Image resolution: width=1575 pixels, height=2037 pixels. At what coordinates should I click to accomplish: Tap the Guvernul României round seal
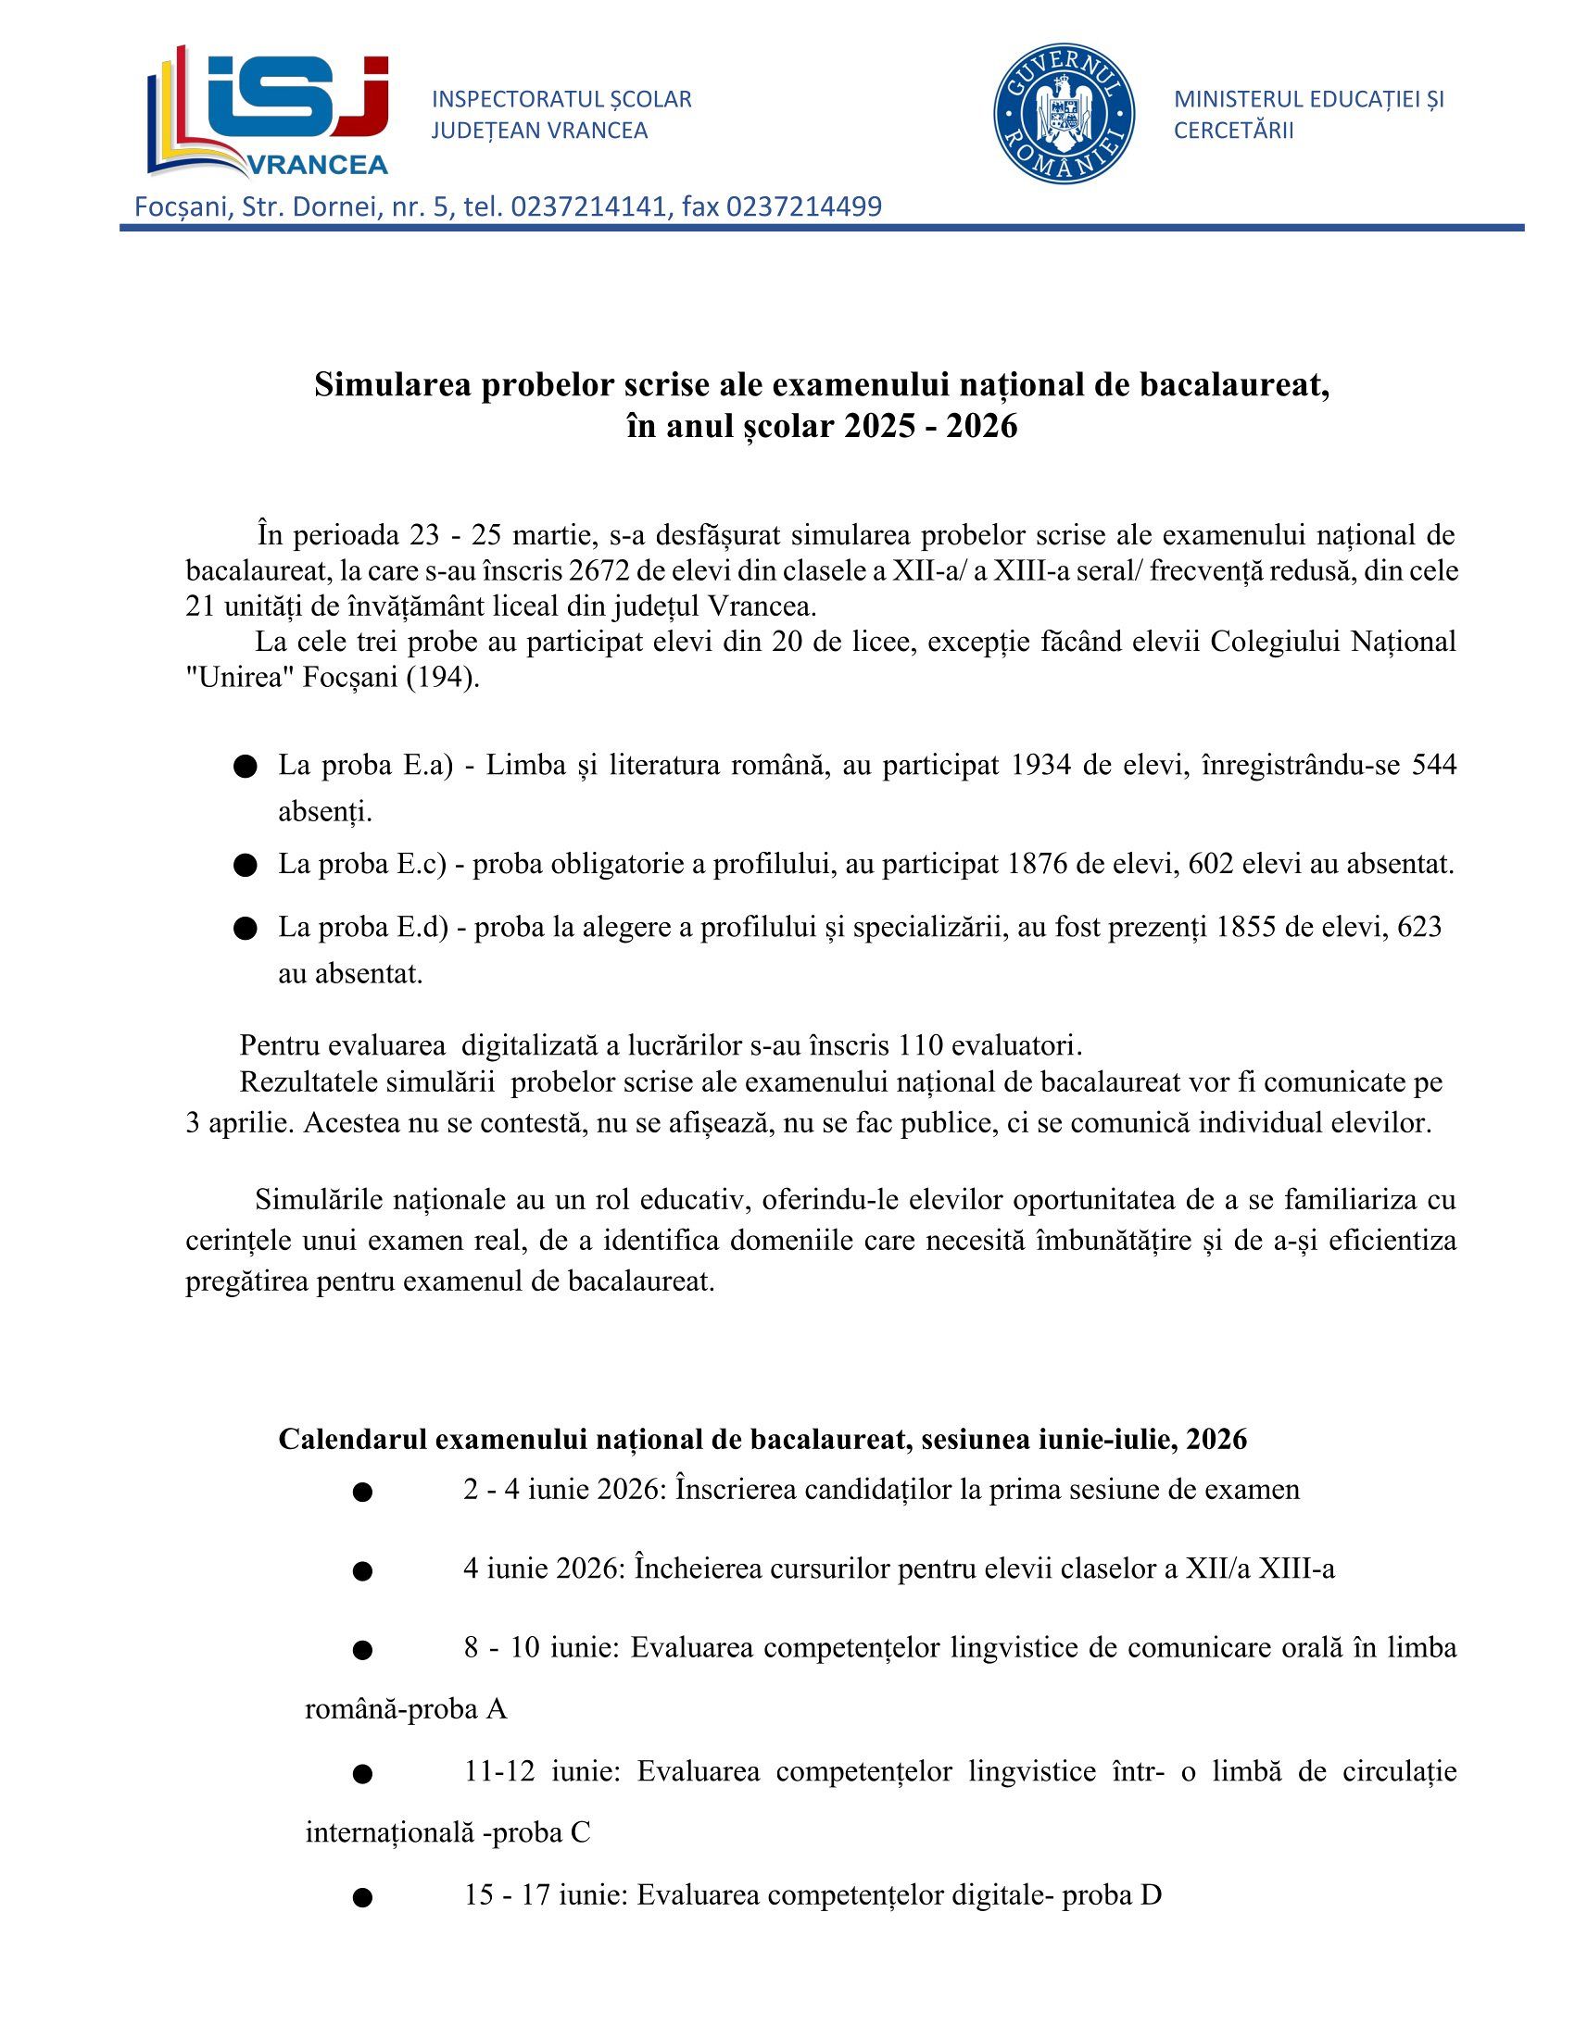coord(1064,113)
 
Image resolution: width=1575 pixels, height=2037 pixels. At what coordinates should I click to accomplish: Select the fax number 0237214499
coord(803,206)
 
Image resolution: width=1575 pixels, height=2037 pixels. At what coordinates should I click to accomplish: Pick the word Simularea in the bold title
coord(392,384)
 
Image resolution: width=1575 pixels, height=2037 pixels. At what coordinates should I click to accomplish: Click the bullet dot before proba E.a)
coord(246,767)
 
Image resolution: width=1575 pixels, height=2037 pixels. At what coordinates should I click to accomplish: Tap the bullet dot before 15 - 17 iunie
coord(363,1897)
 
